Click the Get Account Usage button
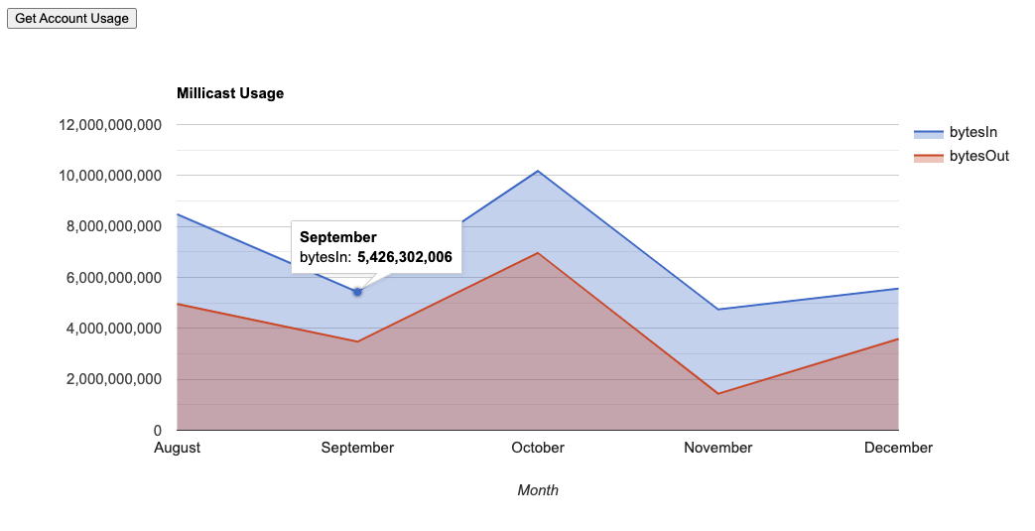(x=71, y=18)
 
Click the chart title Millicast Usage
(x=230, y=93)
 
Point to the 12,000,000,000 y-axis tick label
(x=110, y=125)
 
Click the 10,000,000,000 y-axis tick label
(x=110, y=176)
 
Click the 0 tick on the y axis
(x=156, y=431)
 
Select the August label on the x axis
(x=178, y=448)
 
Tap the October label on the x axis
(x=538, y=448)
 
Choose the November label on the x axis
(x=718, y=448)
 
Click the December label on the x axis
(x=898, y=448)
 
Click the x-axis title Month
(x=538, y=490)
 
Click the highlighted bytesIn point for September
(x=357, y=292)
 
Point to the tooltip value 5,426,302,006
(x=405, y=257)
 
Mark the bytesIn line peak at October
(x=538, y=171)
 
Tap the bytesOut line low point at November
(x=718, y=394)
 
